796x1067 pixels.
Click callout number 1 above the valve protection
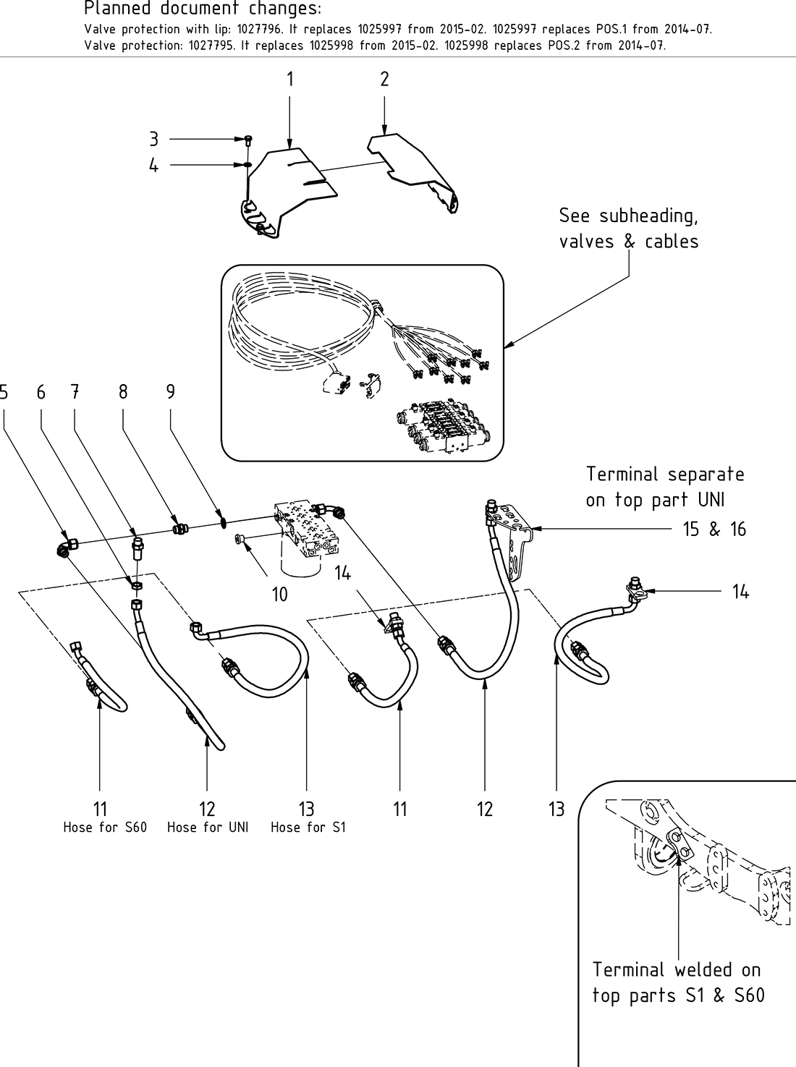290,79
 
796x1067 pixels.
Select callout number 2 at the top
384,79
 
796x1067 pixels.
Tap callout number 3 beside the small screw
153,139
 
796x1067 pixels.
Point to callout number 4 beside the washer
153,166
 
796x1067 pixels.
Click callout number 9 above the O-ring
171,391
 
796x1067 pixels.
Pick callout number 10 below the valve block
279,595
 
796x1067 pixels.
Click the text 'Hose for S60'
105,828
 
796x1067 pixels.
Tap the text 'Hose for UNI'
208,828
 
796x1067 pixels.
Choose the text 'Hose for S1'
308,828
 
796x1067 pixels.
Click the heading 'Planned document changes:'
203,9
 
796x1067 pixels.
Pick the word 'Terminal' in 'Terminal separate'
622,475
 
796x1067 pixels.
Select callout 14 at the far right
740,592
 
